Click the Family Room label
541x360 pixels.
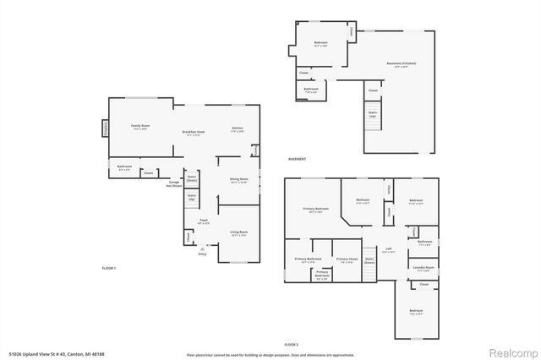139,128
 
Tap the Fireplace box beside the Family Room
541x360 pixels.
106,128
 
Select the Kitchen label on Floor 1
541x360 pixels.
238,129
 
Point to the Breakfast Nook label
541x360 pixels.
194,134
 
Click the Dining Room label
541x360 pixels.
239,180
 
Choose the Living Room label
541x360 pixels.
238,233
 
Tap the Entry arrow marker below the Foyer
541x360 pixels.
202,248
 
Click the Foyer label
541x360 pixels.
204,221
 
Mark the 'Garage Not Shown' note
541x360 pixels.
175,183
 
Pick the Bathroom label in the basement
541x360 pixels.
311,90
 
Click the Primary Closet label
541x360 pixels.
347,260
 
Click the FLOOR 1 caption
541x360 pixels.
108,268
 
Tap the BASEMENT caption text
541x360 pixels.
297,159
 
